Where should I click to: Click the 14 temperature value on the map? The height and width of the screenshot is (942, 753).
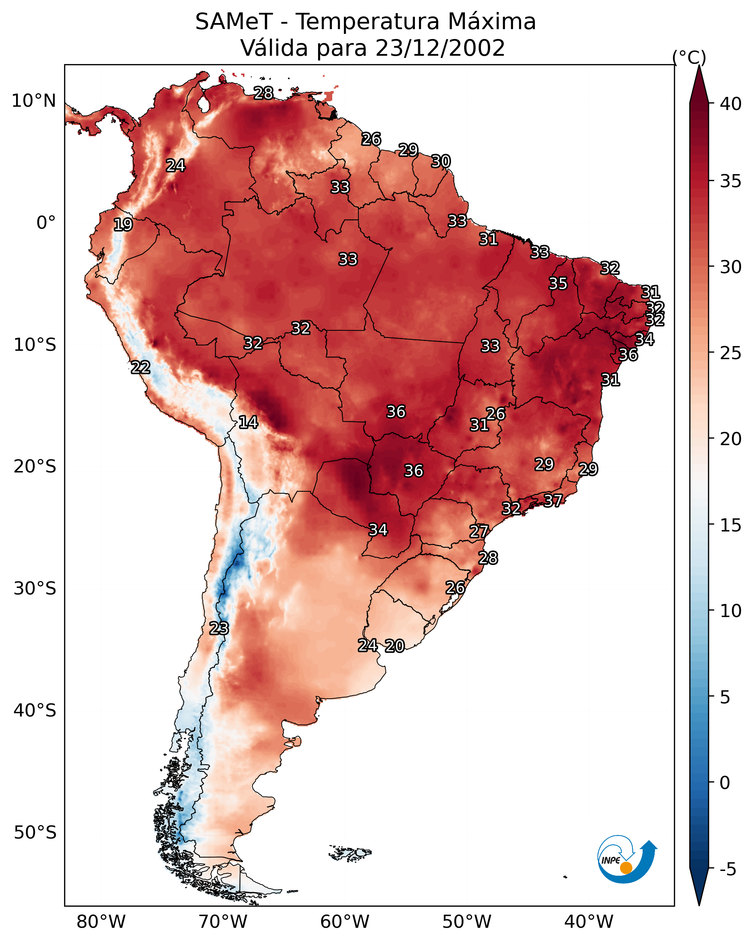click(x=248, y=423)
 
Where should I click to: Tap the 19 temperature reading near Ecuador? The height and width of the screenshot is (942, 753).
click(x=123, y=225)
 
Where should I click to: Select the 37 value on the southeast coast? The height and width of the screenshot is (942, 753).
click(x=553, y=500)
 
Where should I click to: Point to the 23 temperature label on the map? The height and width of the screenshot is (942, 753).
click(x=219, y=628)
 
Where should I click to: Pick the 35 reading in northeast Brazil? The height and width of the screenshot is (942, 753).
click(x=558, y=283)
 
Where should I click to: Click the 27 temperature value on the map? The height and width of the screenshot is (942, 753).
click(x=479, y=532)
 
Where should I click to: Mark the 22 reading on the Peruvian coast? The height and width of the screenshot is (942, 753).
click(x=141, y=368)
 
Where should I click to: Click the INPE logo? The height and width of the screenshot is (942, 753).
click(x=627, y=859)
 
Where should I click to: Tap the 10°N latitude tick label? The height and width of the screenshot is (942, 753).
click(x=34, y=101)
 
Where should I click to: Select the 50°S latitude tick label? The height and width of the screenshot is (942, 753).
click(x=35, y=833)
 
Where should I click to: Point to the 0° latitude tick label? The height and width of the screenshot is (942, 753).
click(x=46, y=223)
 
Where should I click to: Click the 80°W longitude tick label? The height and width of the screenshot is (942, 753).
click(x=101, y=922)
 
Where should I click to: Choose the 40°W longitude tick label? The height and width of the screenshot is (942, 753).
click(x=589, y=922)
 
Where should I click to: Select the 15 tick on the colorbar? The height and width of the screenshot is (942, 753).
click(x=731, y=525)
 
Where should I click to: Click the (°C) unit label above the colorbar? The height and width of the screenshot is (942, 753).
click(x=689, y=57)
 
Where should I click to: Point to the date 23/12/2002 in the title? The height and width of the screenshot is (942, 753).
click(x=440, y=48)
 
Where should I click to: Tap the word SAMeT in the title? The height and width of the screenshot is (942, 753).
click(x=234, y=21)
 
